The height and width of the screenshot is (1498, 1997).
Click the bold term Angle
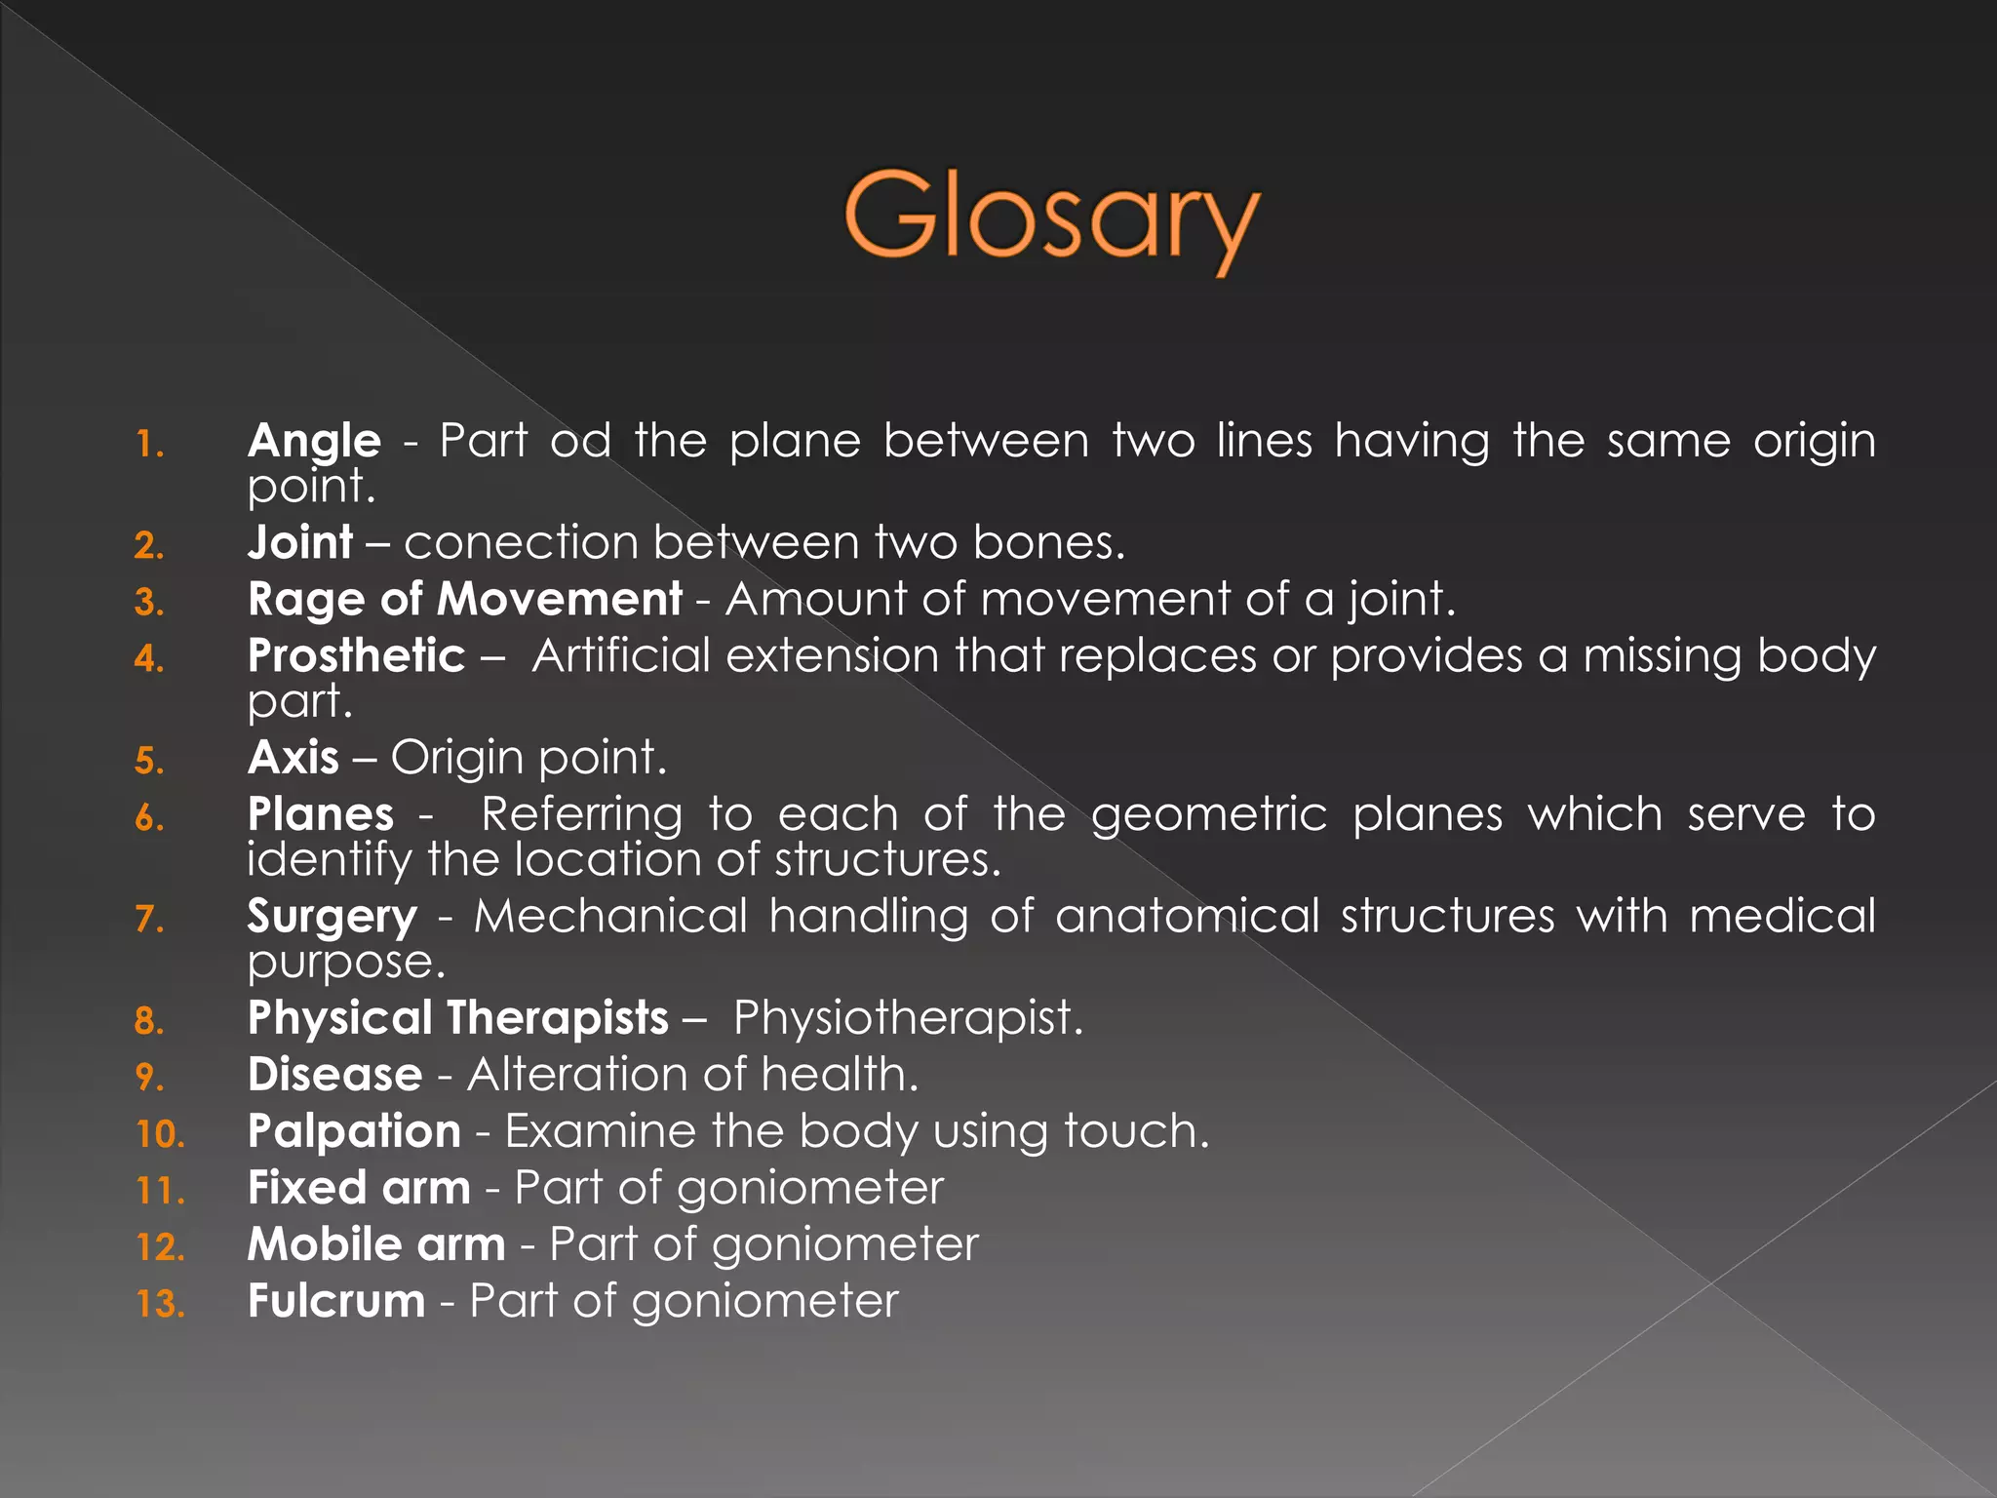coord(314,441)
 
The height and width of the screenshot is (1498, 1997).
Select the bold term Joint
coord(300,542)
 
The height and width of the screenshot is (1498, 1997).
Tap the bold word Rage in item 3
coord(307,600)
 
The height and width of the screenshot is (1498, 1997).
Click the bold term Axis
coord(294,758)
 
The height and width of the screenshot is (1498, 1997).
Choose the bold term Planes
coord(321,814)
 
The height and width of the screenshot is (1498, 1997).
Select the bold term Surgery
coord(332,917)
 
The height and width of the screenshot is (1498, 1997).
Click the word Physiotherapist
coord(907,1018)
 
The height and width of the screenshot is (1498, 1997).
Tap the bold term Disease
coord(334,1075)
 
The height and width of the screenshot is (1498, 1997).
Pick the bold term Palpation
coord(354,1131)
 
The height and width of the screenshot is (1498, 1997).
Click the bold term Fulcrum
coord(336,1301)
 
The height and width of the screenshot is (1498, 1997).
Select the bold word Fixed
coord(307,1188)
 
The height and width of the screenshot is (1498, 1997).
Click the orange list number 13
coord(160,1304)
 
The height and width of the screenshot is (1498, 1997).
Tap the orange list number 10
coord(160,1134)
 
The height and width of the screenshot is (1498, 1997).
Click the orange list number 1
coord(149,445)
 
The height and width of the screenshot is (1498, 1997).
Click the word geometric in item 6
coord(1209,814)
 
